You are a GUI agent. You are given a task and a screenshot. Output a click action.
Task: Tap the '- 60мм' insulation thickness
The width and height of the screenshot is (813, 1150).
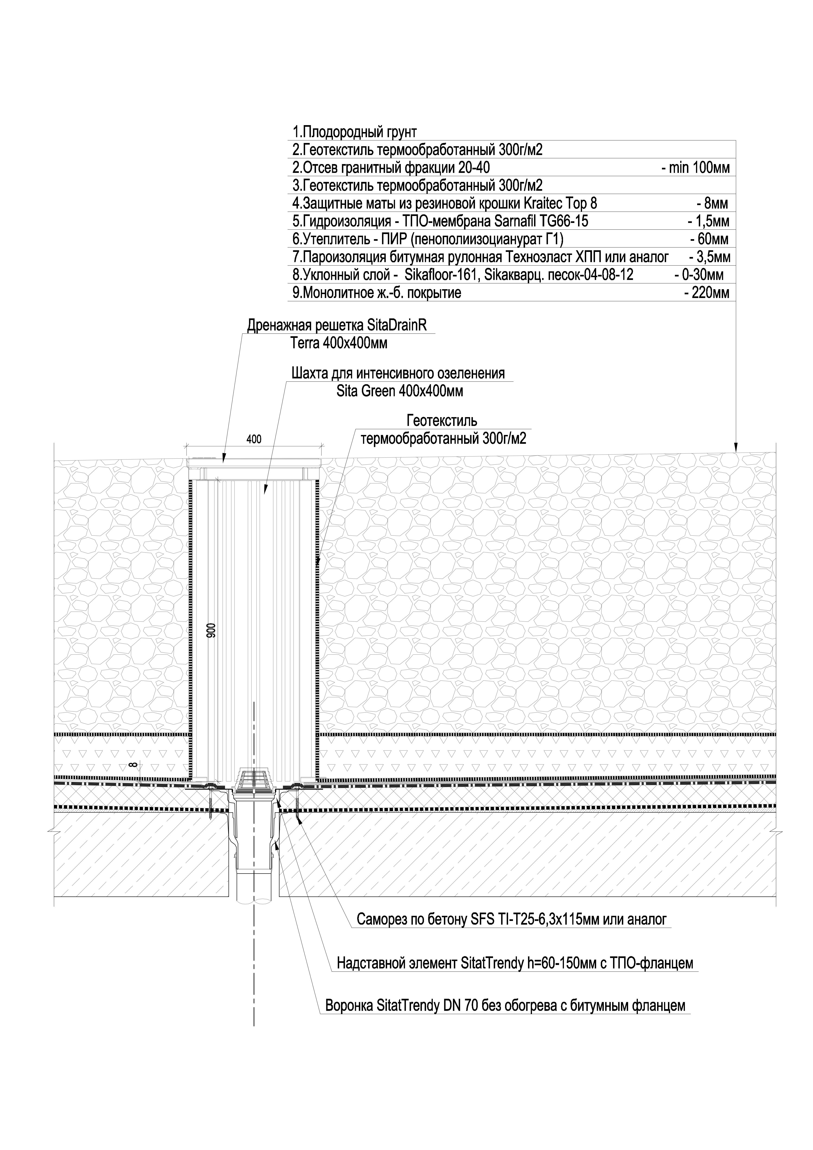[x=709, y=239]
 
